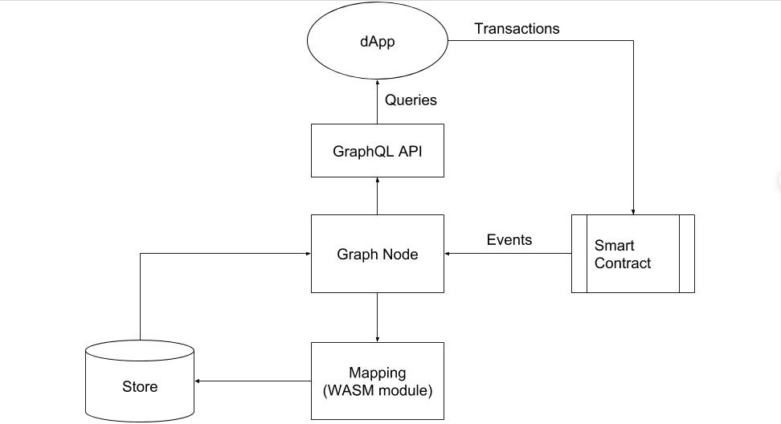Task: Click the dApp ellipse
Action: (378, 43)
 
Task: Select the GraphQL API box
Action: (378, 150)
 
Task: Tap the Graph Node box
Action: (378, 254)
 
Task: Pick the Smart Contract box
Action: (632, 254)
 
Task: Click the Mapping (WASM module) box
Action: (378, 381)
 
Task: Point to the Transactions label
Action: (517, 28)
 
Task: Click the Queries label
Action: (411, 100)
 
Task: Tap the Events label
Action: (509, 239)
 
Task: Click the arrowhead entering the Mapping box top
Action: (378, 338)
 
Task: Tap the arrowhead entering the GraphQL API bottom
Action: (378, 181)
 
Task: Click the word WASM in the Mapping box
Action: (348, 391)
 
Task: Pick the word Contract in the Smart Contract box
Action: (622, 263)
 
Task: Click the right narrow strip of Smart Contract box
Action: (687, 254)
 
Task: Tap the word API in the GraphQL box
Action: (408, 150)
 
